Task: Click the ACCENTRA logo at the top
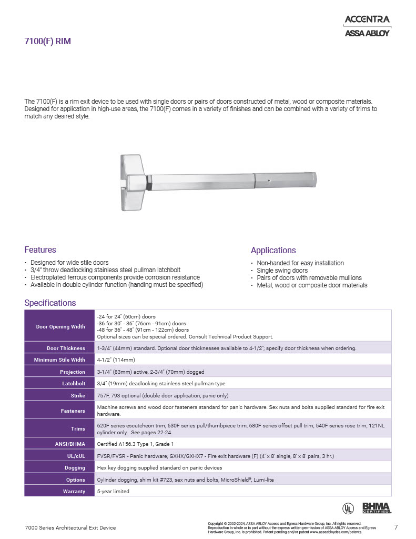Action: (x=367, y=19)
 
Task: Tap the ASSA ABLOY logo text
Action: (x=367, y=33)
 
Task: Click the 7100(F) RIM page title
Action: (x=47, y=42)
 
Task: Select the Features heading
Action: (x=40, y=249)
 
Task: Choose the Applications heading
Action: (x=273, y=250)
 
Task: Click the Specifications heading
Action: (x=50, y=303)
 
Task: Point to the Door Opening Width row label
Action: (x=60, y=326)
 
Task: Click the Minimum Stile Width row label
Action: (x=59, y=360)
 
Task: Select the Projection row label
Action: (x=73, y=372)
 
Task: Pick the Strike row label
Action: (x=78, y=395)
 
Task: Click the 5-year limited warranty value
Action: (x=113, y=491)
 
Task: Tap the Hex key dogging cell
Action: (x=159, y=467)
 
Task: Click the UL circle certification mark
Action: (x=348, y=508)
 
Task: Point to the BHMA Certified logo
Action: (x=377, y=508)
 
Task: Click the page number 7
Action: (x=395, y=527)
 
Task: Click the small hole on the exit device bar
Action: (x=269, y=181)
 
